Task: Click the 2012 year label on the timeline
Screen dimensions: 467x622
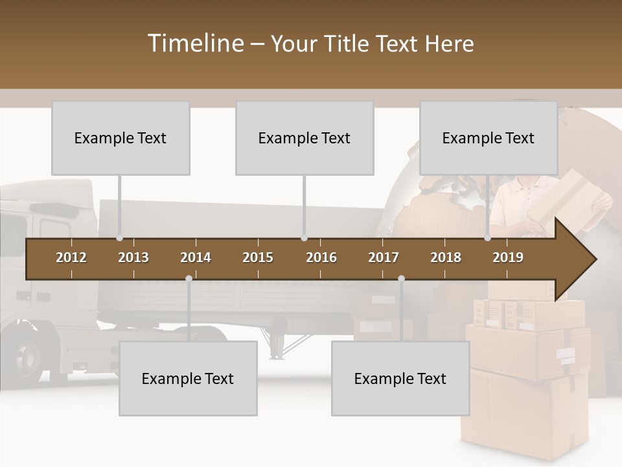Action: [x=71, y=257]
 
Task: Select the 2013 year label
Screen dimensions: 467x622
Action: [x=133, y=257]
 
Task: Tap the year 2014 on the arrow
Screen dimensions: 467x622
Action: [x=196, y=257]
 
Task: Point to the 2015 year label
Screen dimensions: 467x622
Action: [x=258, y=257]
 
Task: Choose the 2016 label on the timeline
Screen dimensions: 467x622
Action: [x=321, y=257]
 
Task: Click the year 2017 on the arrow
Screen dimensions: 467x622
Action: [x=384, y=257]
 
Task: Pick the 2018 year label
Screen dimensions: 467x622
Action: [x=446, y=257]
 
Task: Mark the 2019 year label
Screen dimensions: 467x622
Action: [x=508, y=257]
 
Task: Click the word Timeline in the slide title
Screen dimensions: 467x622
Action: [x=194, y=43]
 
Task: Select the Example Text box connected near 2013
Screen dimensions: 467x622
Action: [x=121, y=138]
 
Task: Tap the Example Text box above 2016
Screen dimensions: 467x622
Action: [x=305, y=138]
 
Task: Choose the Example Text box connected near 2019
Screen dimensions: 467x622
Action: [x=489, y=138]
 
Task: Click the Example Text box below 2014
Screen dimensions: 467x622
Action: [x=188, y=378]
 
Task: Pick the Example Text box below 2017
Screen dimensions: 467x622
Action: [x=400, y=378]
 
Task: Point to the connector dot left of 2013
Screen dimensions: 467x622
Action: [x=119, y=238]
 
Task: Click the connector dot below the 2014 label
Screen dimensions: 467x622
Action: [x=189, y=279]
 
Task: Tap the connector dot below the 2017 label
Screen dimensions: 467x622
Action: [x=401, y=279]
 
